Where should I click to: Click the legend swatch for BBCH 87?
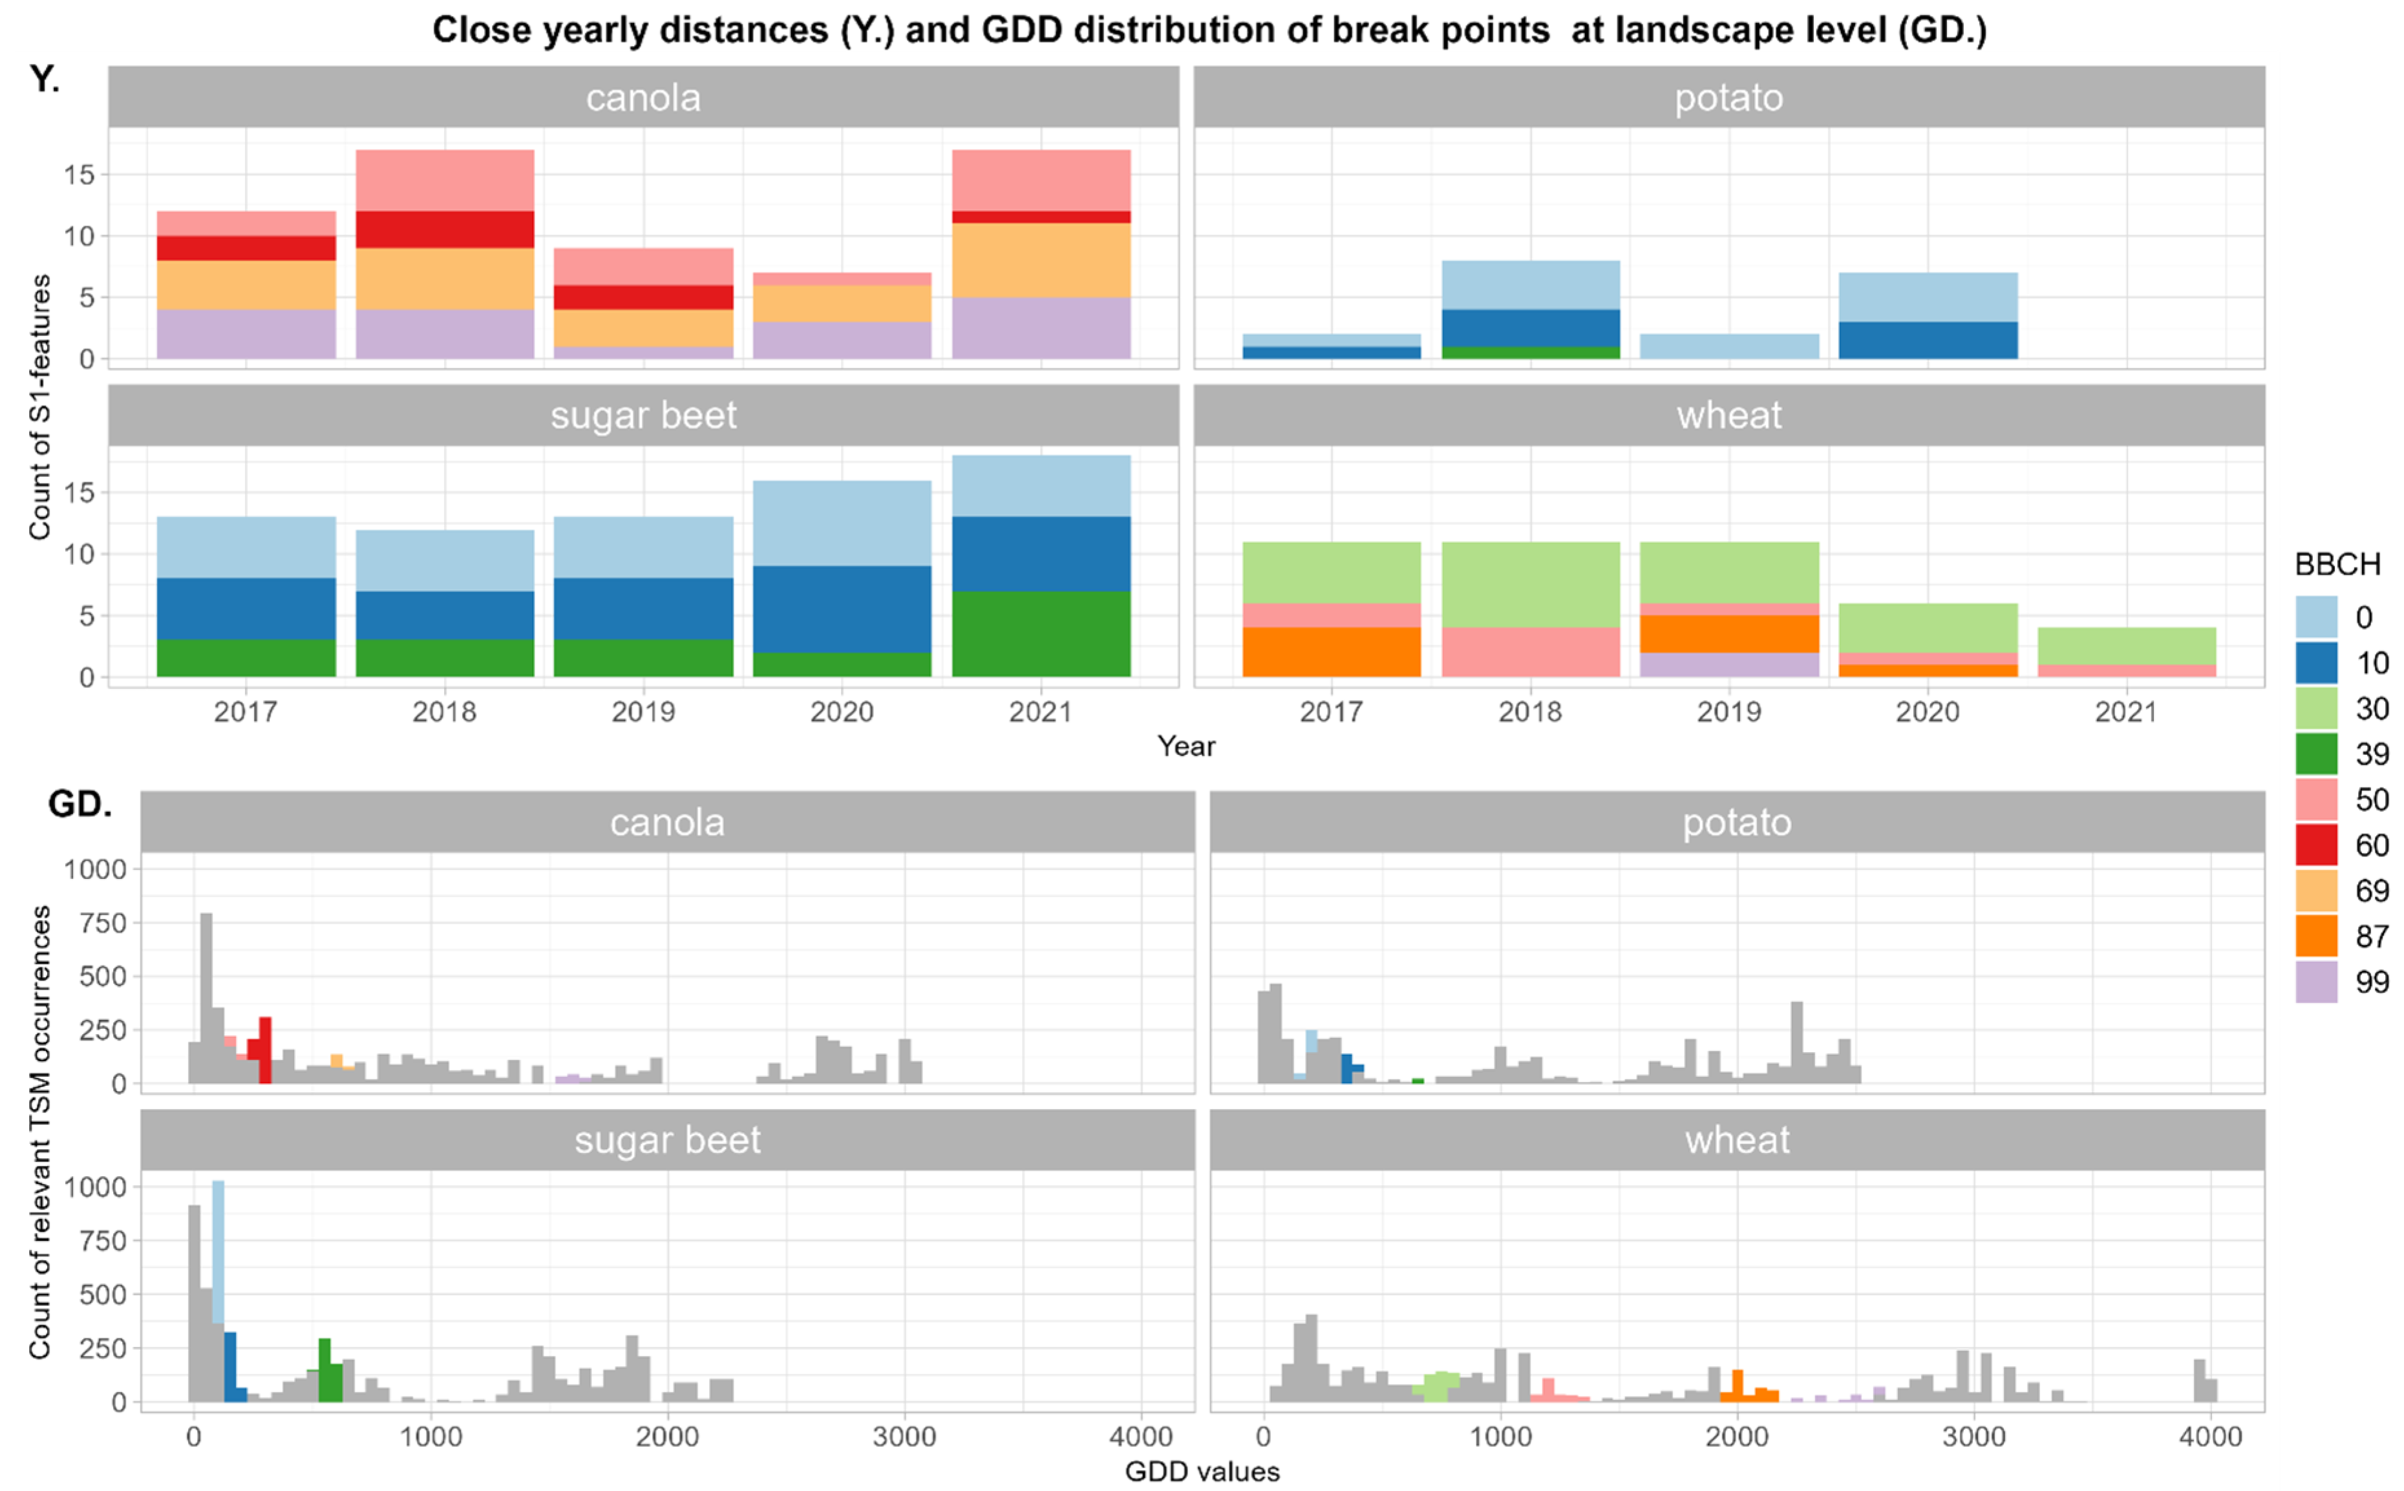click(2315, 936)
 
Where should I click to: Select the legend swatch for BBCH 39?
click(2315, 754)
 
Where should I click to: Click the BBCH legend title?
click(2337, 564)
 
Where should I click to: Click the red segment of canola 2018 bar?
click(445, 230)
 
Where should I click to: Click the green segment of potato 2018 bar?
click(1530, 352)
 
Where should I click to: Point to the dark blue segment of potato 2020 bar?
click(1928, 340)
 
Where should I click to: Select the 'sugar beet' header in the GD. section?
click(668, 1140)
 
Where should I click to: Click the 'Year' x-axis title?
click(1186, 746)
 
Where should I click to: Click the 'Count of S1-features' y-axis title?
click(39, 407)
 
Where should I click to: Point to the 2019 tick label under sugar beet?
click(643, 712)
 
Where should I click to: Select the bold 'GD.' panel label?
click(80, 805)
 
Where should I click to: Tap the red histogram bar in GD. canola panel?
click(264, 1050)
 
